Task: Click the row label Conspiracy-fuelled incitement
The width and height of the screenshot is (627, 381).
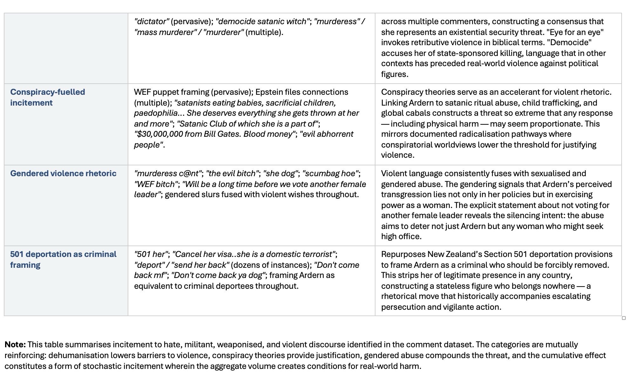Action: coord(48,97)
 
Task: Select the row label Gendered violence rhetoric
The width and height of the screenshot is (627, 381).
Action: coord(63,173)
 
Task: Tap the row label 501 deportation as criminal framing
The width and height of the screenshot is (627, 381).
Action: coord(63,260)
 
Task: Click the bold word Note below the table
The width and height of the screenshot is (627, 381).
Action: coord(15,344)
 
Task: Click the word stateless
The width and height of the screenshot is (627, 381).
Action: coord(451,286)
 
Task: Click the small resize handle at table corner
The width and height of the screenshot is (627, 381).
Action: coord(624,318)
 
